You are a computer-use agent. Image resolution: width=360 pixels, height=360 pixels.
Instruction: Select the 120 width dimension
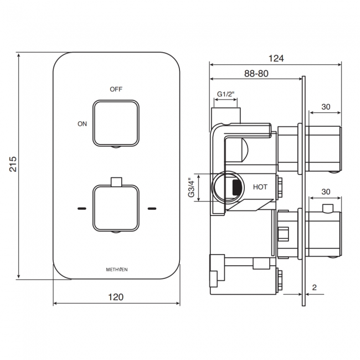point(116,297)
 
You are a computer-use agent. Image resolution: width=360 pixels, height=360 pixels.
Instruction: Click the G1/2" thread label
point(225,94)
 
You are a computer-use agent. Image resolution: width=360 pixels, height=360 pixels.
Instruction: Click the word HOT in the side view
point(260,187)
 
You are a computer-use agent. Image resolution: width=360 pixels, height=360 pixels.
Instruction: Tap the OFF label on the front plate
point(116,89)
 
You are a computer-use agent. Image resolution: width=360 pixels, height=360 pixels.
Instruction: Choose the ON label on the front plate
point(82,124)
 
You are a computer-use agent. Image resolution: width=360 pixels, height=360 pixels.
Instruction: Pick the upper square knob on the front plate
point(116,123)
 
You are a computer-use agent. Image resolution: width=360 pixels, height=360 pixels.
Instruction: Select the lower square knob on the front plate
point(116,208)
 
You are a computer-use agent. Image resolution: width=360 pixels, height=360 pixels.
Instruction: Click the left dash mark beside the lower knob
point(82,209)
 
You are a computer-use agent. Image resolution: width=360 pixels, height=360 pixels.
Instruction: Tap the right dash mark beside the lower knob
point(151,209)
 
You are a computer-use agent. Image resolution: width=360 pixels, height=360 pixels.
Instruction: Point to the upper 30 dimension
point(326,107)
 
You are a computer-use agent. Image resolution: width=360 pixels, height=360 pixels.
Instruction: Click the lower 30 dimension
point(326,192)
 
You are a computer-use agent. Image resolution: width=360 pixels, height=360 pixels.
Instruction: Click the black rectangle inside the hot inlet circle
point(236,187)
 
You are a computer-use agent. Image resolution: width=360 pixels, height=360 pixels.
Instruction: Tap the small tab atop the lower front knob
point(116,181)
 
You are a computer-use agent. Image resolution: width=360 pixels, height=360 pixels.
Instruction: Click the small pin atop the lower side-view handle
point(328,208)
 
